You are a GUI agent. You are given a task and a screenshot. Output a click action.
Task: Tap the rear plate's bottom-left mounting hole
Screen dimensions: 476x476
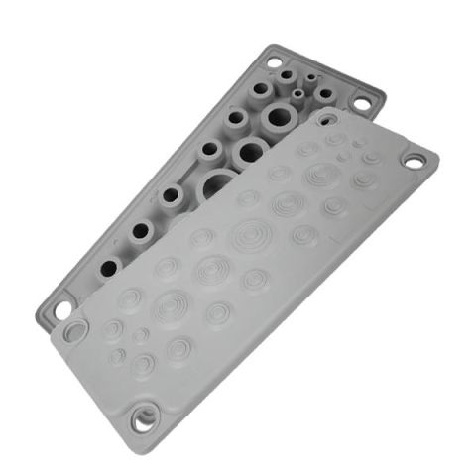pos(61,310)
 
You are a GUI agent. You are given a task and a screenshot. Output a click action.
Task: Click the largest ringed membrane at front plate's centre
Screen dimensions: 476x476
pos(247,235)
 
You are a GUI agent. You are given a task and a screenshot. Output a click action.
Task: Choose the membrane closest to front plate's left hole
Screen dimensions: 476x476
pos(112,327)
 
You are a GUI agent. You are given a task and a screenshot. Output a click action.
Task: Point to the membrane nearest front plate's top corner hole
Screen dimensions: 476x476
pos(332,139)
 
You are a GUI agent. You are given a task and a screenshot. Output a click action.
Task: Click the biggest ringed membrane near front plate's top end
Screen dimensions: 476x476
pos(320,177)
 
